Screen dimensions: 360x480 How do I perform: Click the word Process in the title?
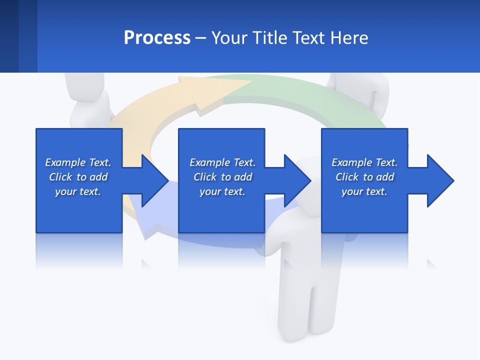click(x=157, y=37)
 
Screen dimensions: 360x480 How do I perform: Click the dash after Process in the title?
click(x=201, y=38)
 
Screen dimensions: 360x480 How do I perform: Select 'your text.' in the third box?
click(x=364, y=191)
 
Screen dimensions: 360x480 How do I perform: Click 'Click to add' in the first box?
click(x=78, y=177)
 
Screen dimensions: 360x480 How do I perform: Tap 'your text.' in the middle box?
click(x=222, y=191)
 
